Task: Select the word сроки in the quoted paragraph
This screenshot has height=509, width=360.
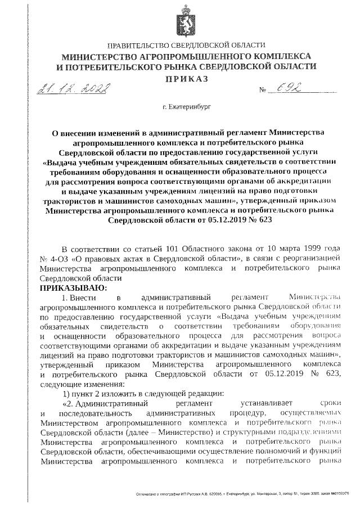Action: [330, 404]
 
